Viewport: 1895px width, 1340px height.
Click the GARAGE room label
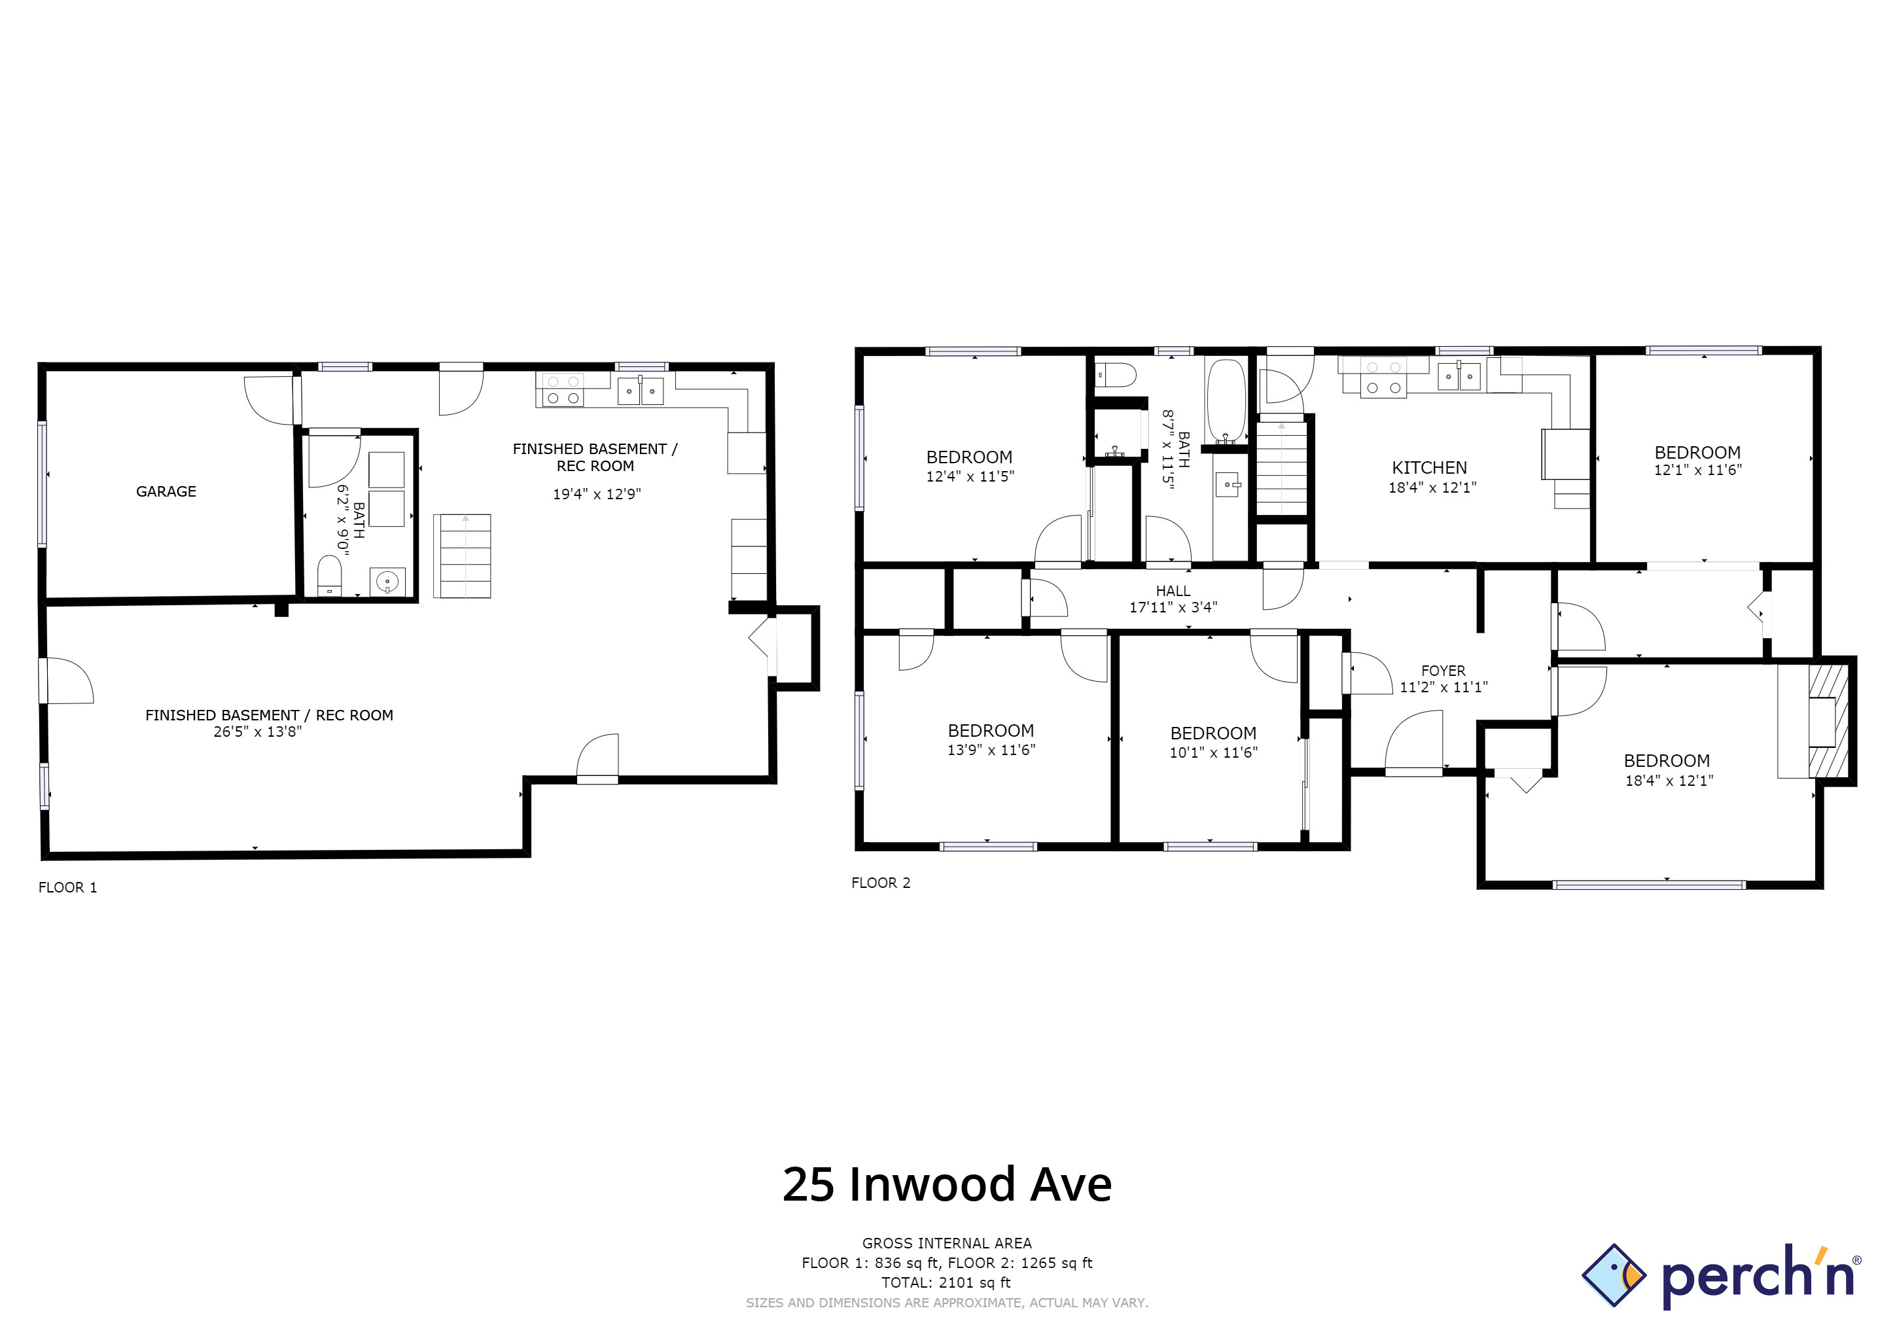(166, 492)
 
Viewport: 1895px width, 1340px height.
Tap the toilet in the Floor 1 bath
(329, 575)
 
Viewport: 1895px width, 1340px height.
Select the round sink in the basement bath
(387, 582)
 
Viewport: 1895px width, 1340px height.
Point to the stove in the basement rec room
(561, 390)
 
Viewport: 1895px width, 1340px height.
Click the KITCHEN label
(1430, 468)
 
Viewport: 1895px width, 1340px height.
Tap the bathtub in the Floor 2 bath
(1226, 401)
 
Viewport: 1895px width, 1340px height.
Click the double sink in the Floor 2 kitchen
(1459, 376)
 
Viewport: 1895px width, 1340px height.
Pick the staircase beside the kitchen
(1282, 467)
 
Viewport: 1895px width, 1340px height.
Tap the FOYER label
(1443, 671)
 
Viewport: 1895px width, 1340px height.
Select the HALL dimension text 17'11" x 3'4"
(1173, 607)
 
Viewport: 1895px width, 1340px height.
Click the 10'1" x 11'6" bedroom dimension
(1213, 752)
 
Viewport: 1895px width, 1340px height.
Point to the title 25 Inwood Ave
(947, 1185)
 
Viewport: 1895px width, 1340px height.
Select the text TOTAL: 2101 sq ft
(947, 1282)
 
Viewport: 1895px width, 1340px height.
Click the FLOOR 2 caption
(881, 883)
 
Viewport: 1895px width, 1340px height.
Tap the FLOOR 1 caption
(67, 888)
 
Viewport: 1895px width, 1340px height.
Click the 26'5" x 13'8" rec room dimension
(258, 732)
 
